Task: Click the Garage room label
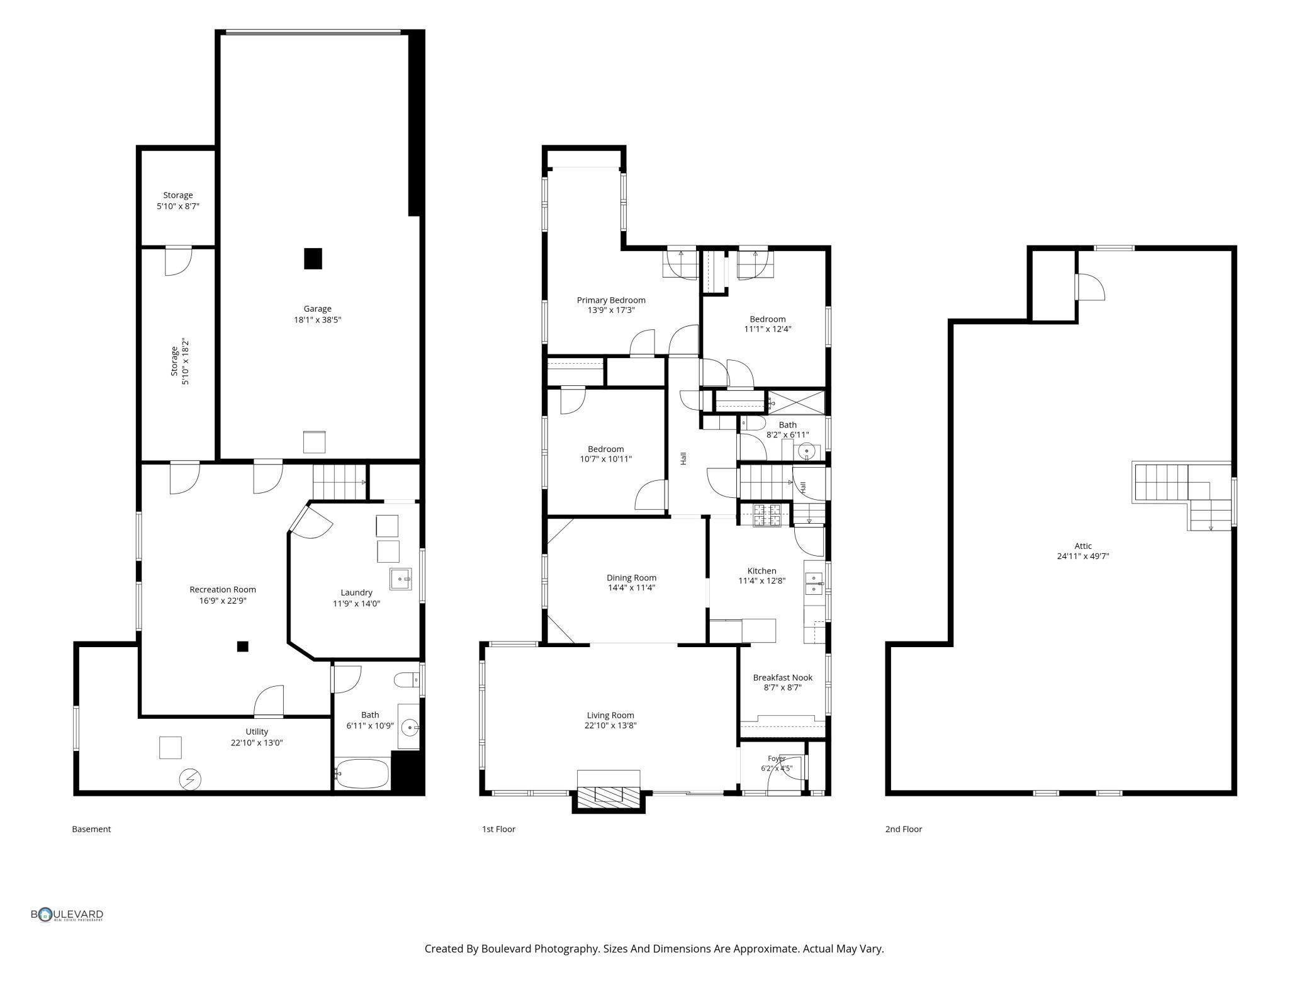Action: pyautogui.click(x=317, y=308)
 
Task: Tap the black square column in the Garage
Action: pyautogui.click(x=313, y=258)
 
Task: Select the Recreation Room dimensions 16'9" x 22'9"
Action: pyautogui.click(x=223, y=601)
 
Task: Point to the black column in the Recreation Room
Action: pyautogui.click(x=242, y=646)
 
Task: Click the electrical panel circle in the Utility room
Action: pyautogui.click(x=190, y=779)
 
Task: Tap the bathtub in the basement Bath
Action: pyautogui.click(x=362, y=774)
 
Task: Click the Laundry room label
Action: pyautogui.click(x=356, y=592)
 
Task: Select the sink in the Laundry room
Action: pyautogui.click(x=400, y=578)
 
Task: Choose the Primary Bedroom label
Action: pyautogui.click(x=611, y=300)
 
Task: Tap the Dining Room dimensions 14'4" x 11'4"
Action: pyautogui.click(x=631, y=588)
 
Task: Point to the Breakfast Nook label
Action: pyautogui.click(x=783, y=677)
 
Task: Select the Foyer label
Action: pyautogui.click(x=777, y=759)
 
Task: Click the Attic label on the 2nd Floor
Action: pyautogui.click(x=1083, y=546)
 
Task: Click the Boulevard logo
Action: pyautogui.click(x=67, y=915)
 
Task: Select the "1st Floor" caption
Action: pyautogui.click(x=498, y=829)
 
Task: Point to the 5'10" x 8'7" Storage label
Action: pyautogui.click(x=178, y=200)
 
